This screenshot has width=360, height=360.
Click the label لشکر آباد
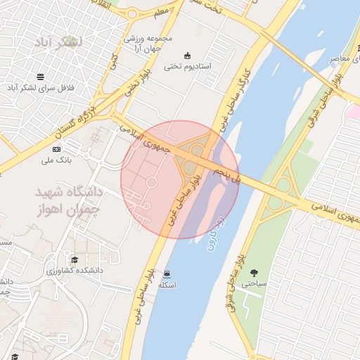click(62, 42)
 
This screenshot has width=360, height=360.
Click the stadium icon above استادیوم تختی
click(187, 56)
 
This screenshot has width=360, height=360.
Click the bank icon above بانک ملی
click(56, 149)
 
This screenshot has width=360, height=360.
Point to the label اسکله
click(167, 285)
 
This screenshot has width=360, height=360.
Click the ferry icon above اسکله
click(167, 274)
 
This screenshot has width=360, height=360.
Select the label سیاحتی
click(254, 284)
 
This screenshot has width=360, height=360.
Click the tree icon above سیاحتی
click(253, 274)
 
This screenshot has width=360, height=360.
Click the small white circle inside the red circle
click(150, 183)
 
